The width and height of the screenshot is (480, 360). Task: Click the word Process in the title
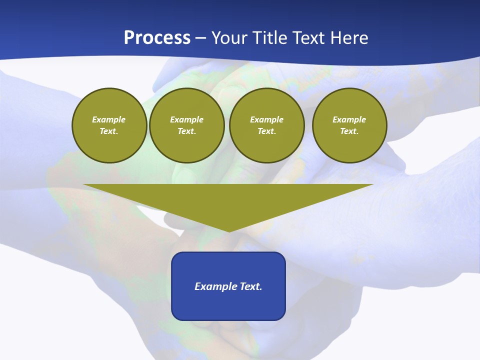[x=157, y=38]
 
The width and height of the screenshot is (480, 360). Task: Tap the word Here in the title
[x=349, y=38]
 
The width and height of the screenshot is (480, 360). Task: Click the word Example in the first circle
[x=109, y=119]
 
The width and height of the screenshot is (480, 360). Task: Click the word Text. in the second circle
[x=187, y=131]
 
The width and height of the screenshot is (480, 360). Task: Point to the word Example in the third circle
[x=267, y=119]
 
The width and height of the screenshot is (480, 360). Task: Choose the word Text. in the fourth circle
[x=349, y=131]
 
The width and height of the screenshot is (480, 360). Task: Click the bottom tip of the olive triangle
[x=228, y=230]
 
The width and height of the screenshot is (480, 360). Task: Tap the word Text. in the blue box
[x=251, y=286]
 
